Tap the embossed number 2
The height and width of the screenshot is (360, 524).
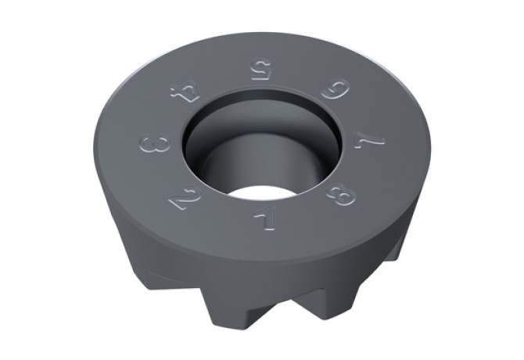(x=185, y=200)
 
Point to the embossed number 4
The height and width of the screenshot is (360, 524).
(x=185, y=94)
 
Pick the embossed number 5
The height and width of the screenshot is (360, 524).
(x=260, y=69)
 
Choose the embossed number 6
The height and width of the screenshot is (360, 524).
(x=336, y=90)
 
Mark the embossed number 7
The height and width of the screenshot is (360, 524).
(x=368, y=138)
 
